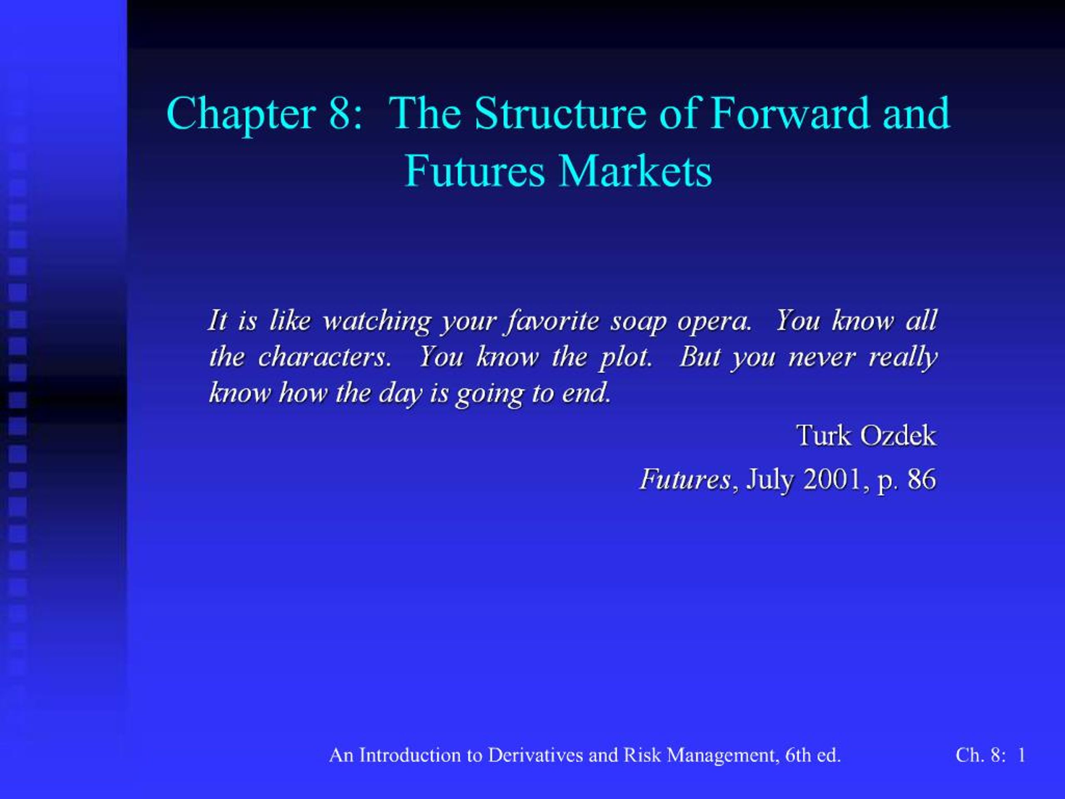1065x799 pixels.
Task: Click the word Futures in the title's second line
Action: coord(474,172)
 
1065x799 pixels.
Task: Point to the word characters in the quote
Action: coord(322,357)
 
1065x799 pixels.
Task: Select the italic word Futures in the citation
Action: coord(685,479)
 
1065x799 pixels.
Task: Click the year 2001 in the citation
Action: coord(831,479)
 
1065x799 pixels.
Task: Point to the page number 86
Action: coord(921,479)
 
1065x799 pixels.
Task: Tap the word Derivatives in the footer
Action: coord(536,755)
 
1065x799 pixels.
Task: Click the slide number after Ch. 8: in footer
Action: coord(1021,755)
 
